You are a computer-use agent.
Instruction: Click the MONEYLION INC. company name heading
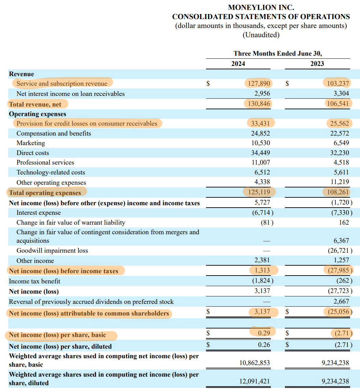click(x=261, y=7)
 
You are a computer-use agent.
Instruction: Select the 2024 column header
click(x=238, y=64)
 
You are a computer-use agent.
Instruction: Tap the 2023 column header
click(x=317, y=64)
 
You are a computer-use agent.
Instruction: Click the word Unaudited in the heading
click(x=261, y=35)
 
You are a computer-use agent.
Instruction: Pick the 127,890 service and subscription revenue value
click(x=259, y=84)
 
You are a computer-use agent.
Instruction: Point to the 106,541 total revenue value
click(x=337, y=104)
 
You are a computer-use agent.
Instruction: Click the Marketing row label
click(x=31, y=143)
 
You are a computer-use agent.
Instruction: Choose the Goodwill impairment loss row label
click(x=52, y=251)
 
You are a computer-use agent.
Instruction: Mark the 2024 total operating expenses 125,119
click(x=259, y=192)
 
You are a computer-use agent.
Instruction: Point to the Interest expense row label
click(x=39, y=213)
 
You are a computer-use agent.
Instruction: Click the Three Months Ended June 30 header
click(x=278, y=54)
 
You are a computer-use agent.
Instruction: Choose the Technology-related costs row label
click(x=51, y=172)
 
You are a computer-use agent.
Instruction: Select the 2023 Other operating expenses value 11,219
click(x=339, y=183)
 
